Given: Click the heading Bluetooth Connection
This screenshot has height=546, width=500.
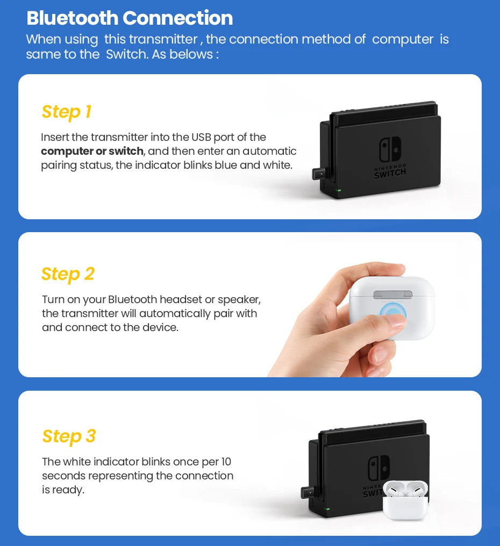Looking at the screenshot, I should click(x=130, y=18).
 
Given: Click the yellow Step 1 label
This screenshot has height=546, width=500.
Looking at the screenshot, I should click(x=67, y=112).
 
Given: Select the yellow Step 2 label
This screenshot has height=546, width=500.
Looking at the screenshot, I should click(x=68, y=274).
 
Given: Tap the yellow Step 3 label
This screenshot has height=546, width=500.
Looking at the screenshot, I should click(x=69, y=436).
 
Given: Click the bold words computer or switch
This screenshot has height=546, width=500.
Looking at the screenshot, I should click(x=92, y=152).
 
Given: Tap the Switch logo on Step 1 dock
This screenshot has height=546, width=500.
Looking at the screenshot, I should click(x=390, y=149).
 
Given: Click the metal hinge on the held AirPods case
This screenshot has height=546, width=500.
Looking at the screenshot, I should click(x=392, y=294).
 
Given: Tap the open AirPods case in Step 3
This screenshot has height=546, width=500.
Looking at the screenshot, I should click(x=406, y=500).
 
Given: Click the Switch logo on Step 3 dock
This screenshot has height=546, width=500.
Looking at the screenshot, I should click(x=378, y=468).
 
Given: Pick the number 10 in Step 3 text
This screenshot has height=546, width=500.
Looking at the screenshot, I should click(x=226, y=462).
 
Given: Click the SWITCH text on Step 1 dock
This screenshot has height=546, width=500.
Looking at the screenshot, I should click(x=390, y=173).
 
